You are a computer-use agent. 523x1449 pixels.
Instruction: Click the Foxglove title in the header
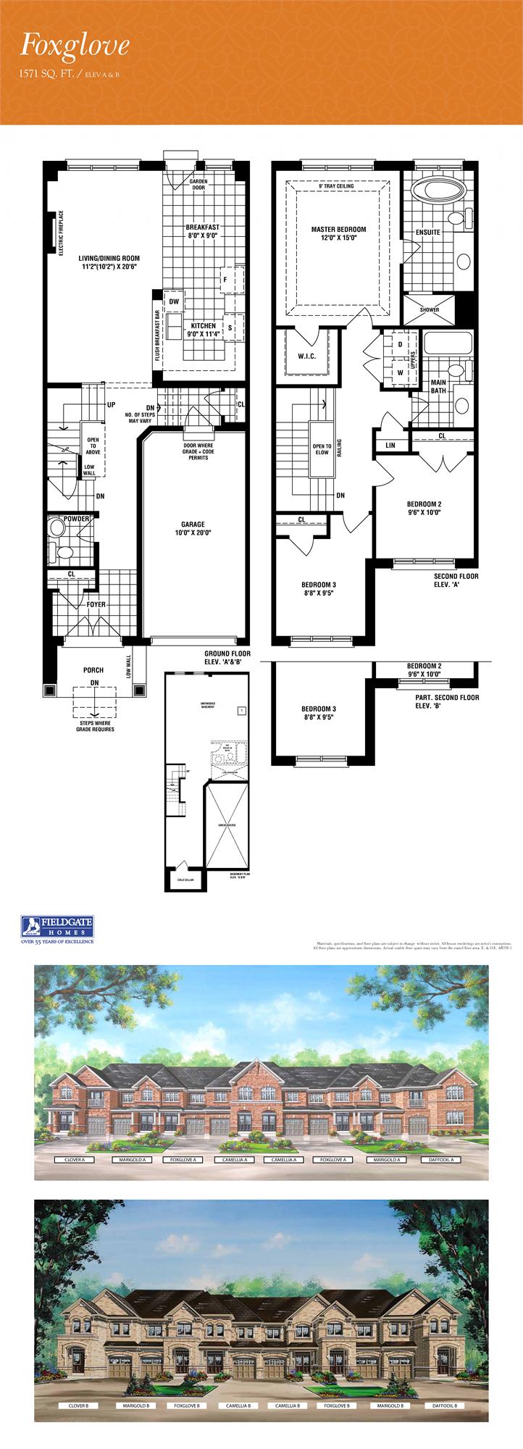point(75,46)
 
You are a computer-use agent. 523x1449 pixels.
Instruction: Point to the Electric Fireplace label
point(62,233)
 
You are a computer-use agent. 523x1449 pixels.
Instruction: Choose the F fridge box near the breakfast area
point(225,279)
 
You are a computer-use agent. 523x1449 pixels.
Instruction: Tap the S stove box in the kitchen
point(230,327)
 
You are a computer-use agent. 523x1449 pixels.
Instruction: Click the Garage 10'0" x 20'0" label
point(193,528)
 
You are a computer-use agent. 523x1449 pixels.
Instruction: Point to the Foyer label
point(96,604)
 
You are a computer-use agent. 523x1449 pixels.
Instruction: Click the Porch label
point(93,670)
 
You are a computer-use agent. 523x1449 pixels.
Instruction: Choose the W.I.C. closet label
point(305,356)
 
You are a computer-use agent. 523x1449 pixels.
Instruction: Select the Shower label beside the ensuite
point(430,309)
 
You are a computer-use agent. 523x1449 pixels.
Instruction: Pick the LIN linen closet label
point(390,445)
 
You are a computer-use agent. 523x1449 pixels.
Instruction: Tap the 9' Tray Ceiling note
point(336,186)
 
